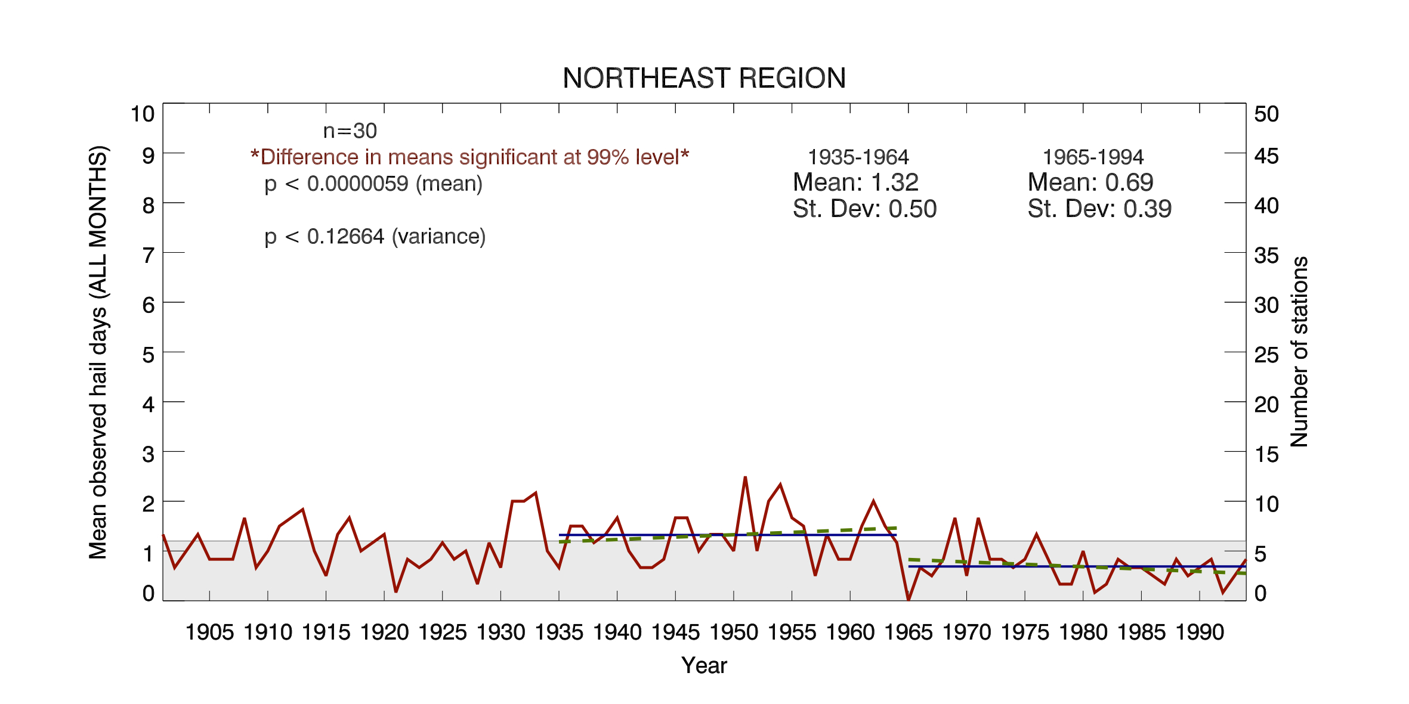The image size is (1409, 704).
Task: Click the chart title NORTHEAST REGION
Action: pyautogui.click(x=704, y=78)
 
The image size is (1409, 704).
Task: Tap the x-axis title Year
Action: pyautogui.click(x=704, y=665)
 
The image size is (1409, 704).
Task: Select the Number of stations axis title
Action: pyautogui.click(x=1299, y=352)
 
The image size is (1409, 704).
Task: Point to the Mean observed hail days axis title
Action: pyautogui.click(x=98, y=352)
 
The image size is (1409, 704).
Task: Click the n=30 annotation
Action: pyautogui.click(x=350, y=131)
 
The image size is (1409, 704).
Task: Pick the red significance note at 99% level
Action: pyautogui.click(x=469, y=157)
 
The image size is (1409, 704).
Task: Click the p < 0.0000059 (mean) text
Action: pyautogui.click(x=373, y=184)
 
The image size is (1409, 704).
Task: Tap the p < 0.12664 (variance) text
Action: pyautogui.click(x=375, y=237)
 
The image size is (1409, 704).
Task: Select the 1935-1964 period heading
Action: pyautogui.click(x=858, y=157)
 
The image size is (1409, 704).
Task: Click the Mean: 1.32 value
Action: pyautogui.click(x=855, y=182)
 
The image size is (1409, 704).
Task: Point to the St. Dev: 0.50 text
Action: pyautogui.click(x=864, y=209)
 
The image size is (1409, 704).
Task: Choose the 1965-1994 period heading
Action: pyautogui.click(x=1093, y=157)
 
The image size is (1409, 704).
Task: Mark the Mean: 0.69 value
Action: pyautogui.click(x=1090, y=182)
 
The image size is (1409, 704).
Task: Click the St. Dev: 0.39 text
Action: pyautogui.click(x=1099, y=209)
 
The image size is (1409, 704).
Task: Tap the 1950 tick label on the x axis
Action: pyautogui.click(x=733, y=632)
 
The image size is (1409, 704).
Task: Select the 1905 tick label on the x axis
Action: pyautogui.click(x=209, y=632)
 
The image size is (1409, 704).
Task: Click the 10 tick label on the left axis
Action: pyautogui.click(x=143, y=114)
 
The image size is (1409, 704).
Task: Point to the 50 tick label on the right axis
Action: pyautogui.click(x=1266, y=114)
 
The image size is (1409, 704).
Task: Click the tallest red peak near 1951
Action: pyautogui.click(x=745, y=477)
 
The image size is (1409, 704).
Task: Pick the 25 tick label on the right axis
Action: pyautogui.click(x=1266, y=355)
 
